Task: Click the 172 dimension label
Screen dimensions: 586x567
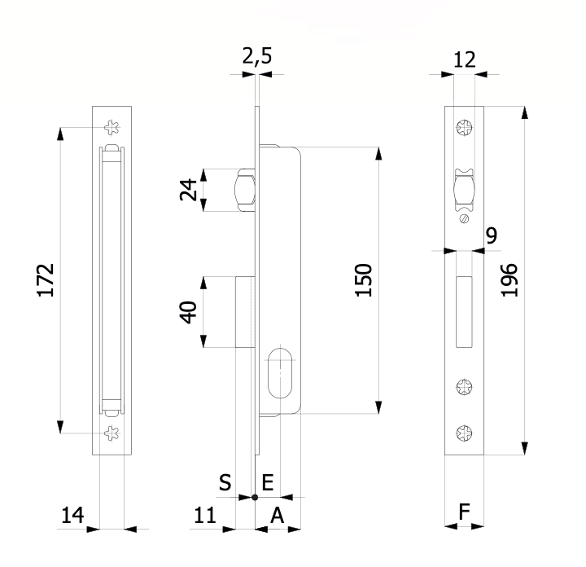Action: point(46,280)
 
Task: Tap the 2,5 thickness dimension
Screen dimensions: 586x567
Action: point(257,56)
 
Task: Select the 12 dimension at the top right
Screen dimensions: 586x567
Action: point(465,59)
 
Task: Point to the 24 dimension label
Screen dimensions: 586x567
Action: point(188,190)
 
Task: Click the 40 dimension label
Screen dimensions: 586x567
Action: point(188,312)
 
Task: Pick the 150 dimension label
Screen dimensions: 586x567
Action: point(363,280)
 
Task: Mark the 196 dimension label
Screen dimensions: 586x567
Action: point(509,280)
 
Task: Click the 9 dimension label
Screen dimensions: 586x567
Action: point(492,235)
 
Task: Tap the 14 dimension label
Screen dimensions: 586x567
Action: point(72,515)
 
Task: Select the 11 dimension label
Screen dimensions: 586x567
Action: point(205,515)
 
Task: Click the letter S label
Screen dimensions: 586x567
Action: point(225,482)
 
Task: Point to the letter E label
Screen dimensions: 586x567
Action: point(268,482)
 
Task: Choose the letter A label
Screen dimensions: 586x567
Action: point(278,516)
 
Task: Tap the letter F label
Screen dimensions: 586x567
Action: point(464,512)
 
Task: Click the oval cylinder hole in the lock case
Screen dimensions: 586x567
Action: point(279,373)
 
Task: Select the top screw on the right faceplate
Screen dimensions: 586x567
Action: point(464,128)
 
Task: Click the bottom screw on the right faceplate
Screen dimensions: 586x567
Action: point(464,433)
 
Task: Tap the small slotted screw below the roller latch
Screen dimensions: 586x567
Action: point(464,218)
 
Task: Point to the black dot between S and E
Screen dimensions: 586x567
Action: point(255,497)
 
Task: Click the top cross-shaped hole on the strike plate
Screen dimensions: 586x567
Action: point(112,128)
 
